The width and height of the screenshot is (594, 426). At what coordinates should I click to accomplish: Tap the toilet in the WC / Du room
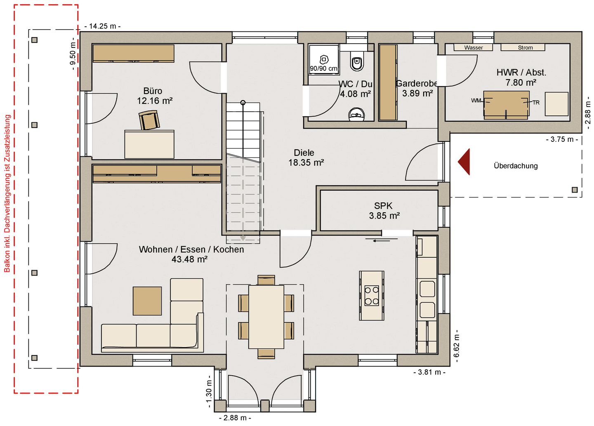pos(357,61)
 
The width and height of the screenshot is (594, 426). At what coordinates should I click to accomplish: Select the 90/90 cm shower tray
pos(323,60)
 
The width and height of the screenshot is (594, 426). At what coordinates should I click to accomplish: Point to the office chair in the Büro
pos(149,120)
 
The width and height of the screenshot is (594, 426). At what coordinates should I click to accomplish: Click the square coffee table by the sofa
pos(147,301)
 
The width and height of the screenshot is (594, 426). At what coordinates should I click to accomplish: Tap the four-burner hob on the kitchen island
pos(372,296)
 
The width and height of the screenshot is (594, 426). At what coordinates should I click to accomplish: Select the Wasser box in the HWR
pos(474,47)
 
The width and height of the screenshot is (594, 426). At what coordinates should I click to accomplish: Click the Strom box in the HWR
pos(523,47)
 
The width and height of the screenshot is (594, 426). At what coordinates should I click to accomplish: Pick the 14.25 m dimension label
pos(102,26)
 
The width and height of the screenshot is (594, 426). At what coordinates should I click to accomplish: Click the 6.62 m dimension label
pos(456,346)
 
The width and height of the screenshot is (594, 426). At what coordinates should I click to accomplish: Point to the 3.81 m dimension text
pos(429,372)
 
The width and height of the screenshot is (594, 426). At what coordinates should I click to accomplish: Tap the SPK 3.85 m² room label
pos(384,211)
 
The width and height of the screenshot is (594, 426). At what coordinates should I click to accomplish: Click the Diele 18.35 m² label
pos(306,158)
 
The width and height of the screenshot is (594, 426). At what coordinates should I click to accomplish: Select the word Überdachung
pos(516,166)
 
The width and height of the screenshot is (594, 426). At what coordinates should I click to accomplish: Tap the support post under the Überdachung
pos(575,190)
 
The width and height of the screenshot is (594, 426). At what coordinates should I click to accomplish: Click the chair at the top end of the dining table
pos(266,280)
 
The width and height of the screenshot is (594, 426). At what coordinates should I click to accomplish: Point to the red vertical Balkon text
pos(7,193)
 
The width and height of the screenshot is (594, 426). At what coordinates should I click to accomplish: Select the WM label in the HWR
pos(476,101)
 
